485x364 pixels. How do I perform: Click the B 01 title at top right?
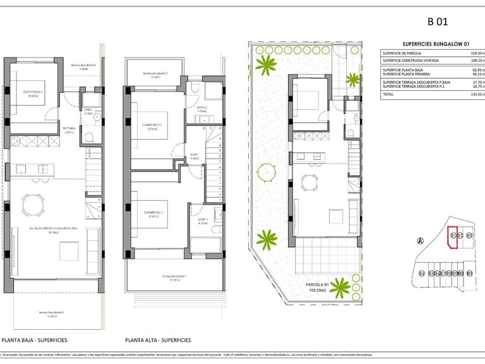pos(438,21)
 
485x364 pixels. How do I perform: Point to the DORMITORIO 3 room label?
pos(33,92)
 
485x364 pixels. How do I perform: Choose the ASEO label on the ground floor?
pos(88,111)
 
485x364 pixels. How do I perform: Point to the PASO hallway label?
pos(195,155)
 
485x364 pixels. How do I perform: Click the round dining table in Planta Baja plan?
pos(33,205)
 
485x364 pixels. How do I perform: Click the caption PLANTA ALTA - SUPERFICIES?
pos(158,340)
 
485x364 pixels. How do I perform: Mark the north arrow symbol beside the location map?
pos(420,240)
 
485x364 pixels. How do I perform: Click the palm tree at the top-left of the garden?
pos(267,64)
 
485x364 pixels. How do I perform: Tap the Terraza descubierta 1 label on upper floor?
pos(175,276)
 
